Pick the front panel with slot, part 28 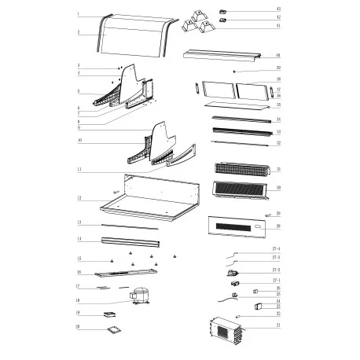coord(236,226)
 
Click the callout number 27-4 coord(276,249)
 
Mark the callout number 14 coord(79,238)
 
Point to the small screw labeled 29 coord(267,215)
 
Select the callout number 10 coord(79,142)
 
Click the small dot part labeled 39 coord(236,71)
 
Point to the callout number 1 coord(79,14)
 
